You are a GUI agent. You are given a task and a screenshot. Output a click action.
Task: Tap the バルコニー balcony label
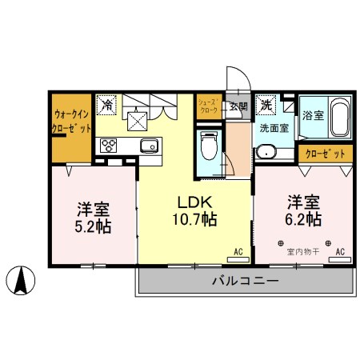[x=245, y=281]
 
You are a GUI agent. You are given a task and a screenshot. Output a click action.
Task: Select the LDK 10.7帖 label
[x=194, y=210]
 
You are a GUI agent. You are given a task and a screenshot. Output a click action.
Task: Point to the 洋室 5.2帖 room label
[x=94, y=217]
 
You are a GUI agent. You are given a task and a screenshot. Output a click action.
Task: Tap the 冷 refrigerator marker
[x=106, y=103]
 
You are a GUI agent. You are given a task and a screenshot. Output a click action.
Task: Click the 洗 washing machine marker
[x=266, y=104]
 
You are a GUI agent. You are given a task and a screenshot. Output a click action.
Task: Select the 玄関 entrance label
[x=238, y=106]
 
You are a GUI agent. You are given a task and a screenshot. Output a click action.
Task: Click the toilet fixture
[x=210, y=148]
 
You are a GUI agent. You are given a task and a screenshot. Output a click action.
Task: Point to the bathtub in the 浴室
[x=338, y=121]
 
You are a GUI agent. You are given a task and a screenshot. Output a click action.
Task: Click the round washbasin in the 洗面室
[x=264, y=150]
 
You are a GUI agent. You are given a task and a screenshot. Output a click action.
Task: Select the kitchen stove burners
[x=107, y=145]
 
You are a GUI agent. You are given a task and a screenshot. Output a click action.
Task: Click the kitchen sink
[x=149, y=145]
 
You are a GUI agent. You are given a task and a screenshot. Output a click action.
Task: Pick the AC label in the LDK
[x=238, y=252]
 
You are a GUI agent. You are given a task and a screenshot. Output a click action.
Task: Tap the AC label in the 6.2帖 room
[x=340, y=252]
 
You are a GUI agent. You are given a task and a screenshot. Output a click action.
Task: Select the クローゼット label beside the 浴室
[x=326, y=153]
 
